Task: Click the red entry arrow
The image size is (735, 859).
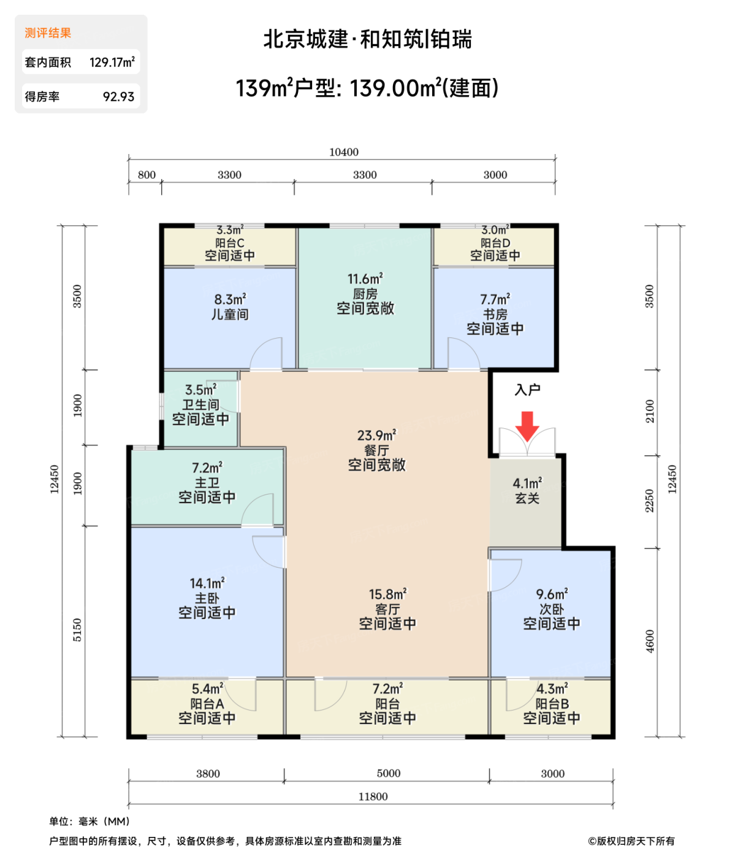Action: click(x=527, y=426)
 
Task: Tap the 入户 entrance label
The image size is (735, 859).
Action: click(x=527, y=390)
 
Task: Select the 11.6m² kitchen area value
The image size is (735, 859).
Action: click(x=365, y=278)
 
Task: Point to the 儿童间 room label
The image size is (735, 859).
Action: click(x=230, y=314)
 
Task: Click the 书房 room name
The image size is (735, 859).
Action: click(x=495, y=314)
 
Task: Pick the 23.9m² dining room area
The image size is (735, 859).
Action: click(x=376, y=434)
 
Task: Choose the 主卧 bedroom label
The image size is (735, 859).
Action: click(x=207, y=598)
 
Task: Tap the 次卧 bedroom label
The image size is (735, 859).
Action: click(x=551, y=609)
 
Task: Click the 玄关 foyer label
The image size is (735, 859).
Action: click(x=527, y=498)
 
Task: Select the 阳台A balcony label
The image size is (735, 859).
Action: click(x=207, y=703)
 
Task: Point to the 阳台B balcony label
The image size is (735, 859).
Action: click(x=552, y=703)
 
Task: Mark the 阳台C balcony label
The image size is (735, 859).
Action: click(x=230, y=242)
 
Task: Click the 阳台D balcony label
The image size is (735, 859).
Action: click(x=495, y=242)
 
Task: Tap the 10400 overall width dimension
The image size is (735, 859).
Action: click(x=343, y=152)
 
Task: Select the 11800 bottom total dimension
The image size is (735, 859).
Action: click(x=373, y=796)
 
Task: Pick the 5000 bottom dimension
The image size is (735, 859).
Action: click(x=388, y=773)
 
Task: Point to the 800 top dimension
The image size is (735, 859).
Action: click(x=146, y=174)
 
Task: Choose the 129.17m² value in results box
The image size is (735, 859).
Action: click(x=112, y=62)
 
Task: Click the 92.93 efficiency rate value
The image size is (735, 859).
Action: click(x=118, y=96)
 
